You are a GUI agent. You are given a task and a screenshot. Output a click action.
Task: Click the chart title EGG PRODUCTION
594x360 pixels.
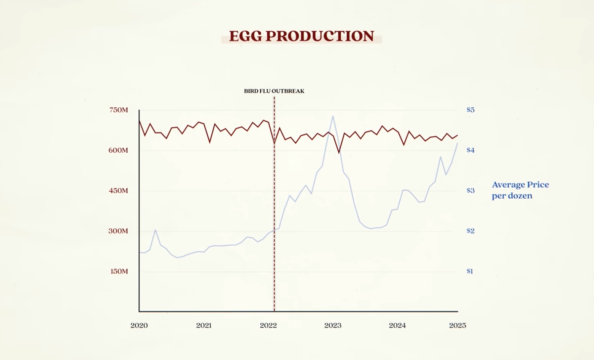(301, 36)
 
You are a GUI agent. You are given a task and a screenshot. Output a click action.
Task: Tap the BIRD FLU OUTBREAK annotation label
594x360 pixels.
(274, 91)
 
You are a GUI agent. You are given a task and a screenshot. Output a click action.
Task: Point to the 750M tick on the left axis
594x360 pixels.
(119, 110)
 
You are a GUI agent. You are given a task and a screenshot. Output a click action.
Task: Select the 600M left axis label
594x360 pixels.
(118, 150)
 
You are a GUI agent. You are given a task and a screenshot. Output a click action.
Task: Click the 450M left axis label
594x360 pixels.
(118, 190)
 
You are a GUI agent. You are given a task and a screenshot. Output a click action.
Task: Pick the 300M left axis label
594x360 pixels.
(118, 231)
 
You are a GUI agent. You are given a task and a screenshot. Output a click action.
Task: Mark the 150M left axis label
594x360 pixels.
(119, 271)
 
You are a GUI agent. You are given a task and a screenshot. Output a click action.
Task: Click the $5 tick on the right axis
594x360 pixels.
(470, 110)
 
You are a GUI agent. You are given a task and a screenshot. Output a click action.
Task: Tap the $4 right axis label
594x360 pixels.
(470, 150)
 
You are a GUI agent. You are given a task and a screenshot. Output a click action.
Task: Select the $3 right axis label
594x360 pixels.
(470, 190)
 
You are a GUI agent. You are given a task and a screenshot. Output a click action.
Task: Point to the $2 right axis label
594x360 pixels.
(470, 231)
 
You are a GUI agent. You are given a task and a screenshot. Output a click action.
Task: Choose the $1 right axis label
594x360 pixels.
(470, 271)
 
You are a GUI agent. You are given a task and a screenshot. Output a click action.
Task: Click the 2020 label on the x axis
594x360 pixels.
(139, 326)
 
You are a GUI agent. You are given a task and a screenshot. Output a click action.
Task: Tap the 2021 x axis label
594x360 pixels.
(204, 326)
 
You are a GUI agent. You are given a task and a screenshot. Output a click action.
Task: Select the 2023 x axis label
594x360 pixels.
(333, 326)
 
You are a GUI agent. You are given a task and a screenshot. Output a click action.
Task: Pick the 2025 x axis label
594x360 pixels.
(457, 326)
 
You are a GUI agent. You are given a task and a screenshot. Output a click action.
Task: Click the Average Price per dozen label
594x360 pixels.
(520, 190)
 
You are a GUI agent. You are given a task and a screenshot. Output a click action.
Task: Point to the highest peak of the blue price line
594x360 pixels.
(333, 116)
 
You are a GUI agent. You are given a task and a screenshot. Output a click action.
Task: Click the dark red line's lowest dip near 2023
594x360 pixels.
(339, 153)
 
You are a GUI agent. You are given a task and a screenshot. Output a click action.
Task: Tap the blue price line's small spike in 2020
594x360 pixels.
(155, 230)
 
